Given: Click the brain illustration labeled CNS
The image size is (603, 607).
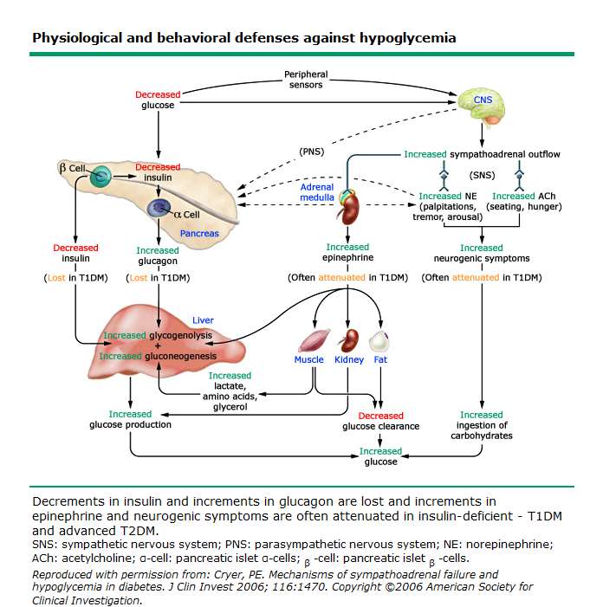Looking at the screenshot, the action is click(482, 106).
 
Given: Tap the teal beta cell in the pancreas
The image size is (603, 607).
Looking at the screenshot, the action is click(100, 177).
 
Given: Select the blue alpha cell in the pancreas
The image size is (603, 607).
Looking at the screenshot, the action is click(159, 208).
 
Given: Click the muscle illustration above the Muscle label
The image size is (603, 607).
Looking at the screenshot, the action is click(314, 340).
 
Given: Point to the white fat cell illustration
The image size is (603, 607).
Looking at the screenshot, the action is click(379, 340).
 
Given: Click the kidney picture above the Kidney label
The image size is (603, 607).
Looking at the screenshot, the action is click(349, 340).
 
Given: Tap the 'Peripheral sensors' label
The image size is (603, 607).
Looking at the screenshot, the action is click(306, 80).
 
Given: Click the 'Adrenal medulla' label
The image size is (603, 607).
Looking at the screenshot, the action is click(317, 192).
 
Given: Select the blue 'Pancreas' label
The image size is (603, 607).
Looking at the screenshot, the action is click(199, 234).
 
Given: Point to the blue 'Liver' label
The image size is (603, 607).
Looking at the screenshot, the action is click(203, 320).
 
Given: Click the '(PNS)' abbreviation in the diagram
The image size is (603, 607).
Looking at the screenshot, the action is click(311, 152).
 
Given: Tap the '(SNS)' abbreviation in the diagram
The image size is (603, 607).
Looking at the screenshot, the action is click(483, 175).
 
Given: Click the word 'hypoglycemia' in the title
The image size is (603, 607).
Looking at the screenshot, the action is click(408, 38).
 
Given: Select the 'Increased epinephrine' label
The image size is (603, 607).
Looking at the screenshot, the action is click(347, 252).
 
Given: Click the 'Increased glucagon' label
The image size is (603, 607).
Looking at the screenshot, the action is click(158, 255).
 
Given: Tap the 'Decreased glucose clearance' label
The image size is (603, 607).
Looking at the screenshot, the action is click(380, 421).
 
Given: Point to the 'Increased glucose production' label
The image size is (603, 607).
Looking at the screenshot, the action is click(130, 419).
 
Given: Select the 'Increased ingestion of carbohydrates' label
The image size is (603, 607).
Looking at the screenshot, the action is click(482, 425).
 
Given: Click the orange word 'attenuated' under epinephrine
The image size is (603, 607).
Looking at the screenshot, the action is click(341, 278).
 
